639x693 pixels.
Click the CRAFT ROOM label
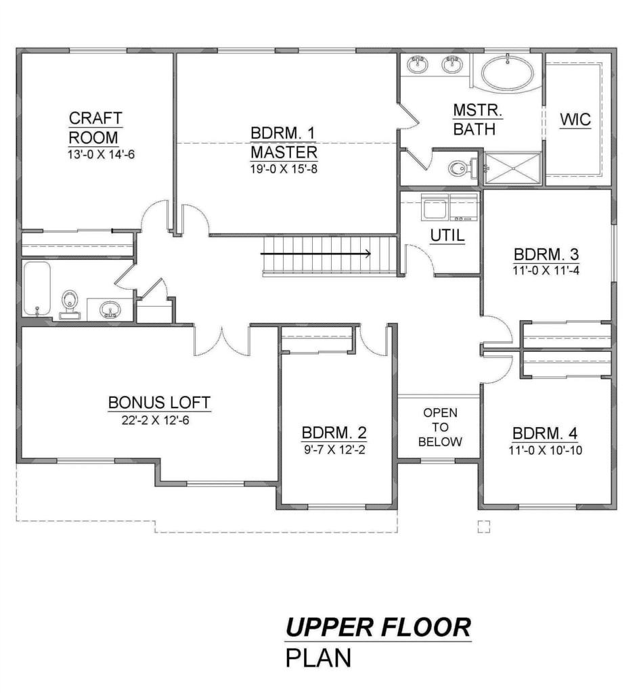[x=95, y=128]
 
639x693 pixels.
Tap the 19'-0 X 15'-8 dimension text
[x=284, y=169]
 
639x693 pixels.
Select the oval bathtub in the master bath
[x=507, y=72]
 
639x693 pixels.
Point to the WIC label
[x=575, y=120]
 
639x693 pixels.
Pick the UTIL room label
[x=447, y=236]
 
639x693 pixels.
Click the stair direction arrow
[x=315, y=254]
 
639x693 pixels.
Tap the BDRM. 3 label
[x=546, y=254]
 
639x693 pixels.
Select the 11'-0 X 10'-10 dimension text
[x=546, y=450]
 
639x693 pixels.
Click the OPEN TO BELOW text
[x=440, y=428]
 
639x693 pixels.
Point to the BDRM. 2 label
[x=334, y=432]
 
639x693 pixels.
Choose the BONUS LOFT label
[x=159, y=403]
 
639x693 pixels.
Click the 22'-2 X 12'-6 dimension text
[x=155, y=420]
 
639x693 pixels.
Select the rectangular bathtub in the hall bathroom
[x=37, y=288]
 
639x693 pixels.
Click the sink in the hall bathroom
[x=109, y=309]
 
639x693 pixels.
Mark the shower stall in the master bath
[x=513, y=168]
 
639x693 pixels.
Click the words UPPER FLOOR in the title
[x=378, y=627]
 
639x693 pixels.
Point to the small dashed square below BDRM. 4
[x=484, y=527]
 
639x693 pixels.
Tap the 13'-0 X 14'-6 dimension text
[x=101, y=155]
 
